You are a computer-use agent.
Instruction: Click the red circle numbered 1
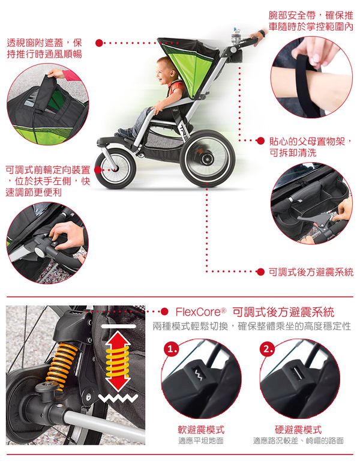click(173, 349)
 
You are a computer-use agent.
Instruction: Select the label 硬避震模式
click(298, 430)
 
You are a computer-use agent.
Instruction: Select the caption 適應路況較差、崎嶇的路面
click(298, 441)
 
